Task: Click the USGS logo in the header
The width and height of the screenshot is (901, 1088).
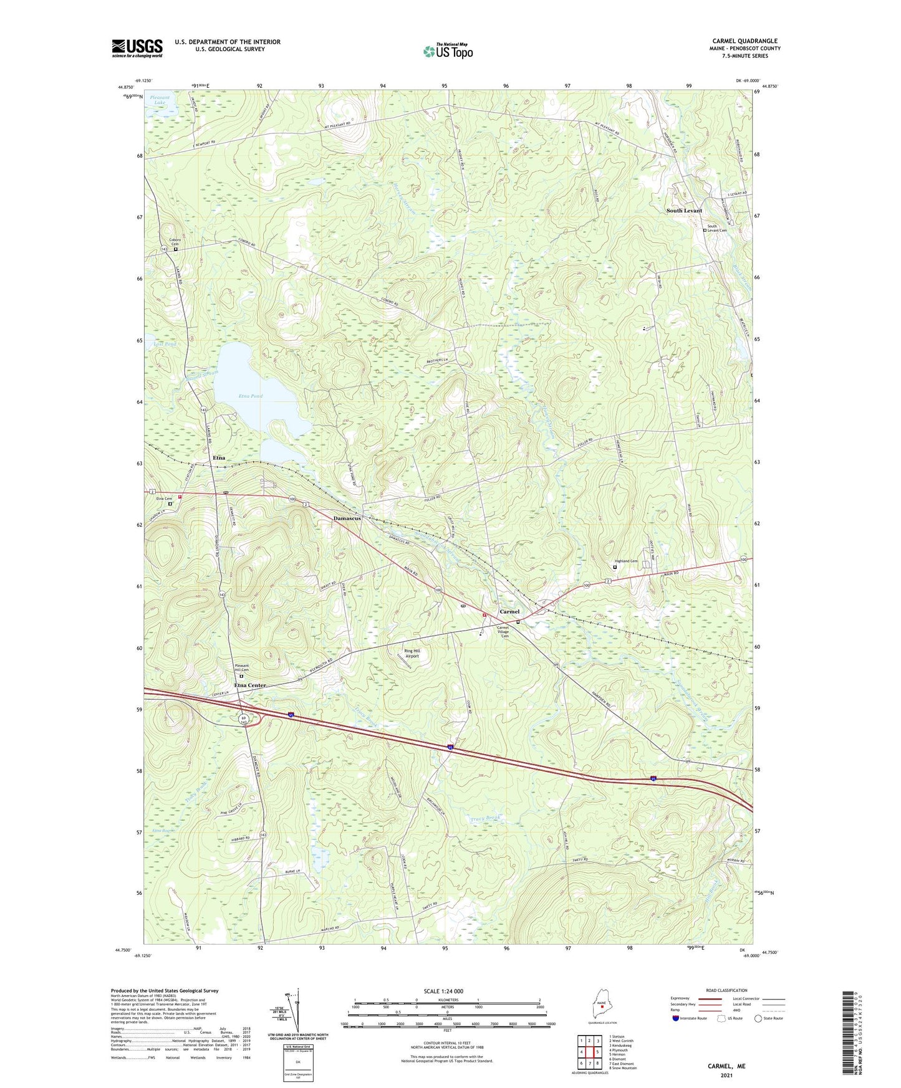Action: coord(137,48)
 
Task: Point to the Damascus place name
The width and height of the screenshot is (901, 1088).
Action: coord(347,518)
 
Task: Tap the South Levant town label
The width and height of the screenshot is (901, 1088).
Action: coord(683,211)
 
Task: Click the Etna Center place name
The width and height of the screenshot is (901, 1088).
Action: coord(250,685)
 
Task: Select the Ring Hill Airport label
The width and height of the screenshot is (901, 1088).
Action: coord(412,653)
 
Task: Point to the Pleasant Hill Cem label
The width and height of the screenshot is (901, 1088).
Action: coord(242,668)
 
